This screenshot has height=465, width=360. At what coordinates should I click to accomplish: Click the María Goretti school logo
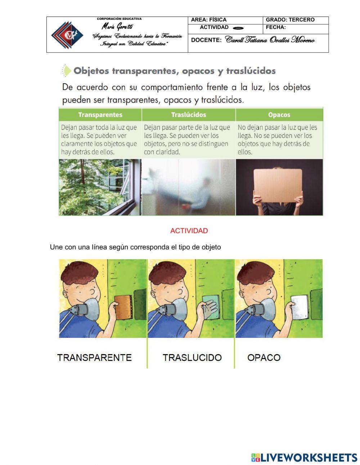[x=67, y=35]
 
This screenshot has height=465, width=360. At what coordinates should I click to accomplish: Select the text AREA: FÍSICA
[x=209, y=20]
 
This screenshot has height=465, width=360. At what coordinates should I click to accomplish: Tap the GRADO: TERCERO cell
[x=290, y=20]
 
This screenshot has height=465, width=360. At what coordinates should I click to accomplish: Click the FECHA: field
[x=276, y=27]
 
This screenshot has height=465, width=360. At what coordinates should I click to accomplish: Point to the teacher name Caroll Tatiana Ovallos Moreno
[x=270, y=40]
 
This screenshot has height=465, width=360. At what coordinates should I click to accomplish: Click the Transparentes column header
[x=100, y=115]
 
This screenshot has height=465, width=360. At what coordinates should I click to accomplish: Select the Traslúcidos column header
[x=189, y=115]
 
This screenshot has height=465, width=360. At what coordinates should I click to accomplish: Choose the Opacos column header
[x=279, y=115]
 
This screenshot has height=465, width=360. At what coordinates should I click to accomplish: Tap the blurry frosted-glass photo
[x=189, y=187]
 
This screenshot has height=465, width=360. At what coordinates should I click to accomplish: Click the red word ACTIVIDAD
[x=189, y=231]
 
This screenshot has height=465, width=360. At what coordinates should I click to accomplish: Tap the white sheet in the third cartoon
[x=300, y=307]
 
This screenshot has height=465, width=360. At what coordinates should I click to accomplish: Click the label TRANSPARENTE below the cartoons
[x=94, y=358]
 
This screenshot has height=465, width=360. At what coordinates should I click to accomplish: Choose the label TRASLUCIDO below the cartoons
[x=192, y=358]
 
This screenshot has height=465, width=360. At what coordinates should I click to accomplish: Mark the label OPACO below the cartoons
[x=264, y=358]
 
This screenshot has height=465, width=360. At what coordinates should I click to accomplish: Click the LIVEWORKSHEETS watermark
[x=304, y=457]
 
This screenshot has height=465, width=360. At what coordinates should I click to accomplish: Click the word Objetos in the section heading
[x=91, y=71]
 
